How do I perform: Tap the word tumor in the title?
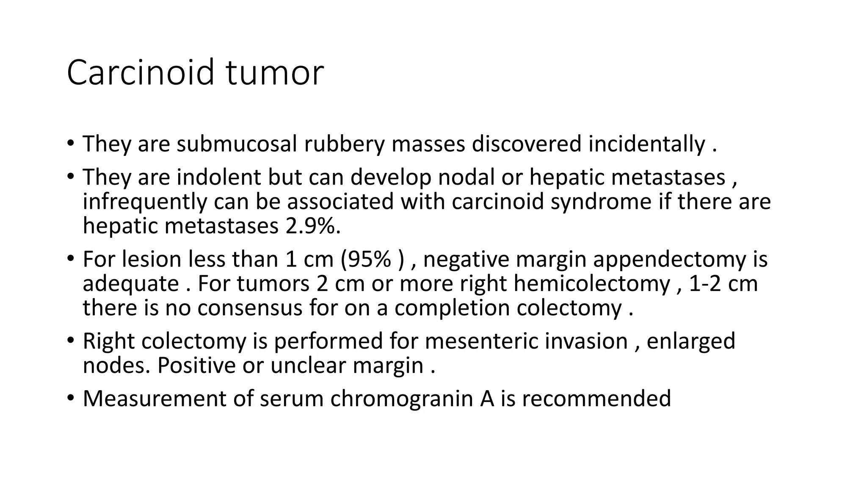(x=275, y=72)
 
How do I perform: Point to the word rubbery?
(x=344, y=144)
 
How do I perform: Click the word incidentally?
(x=646, y=144)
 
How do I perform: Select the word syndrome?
(x=601, y=201)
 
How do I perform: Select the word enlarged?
(x=691, y=341)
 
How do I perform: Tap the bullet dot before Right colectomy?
(x=70, y=341)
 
